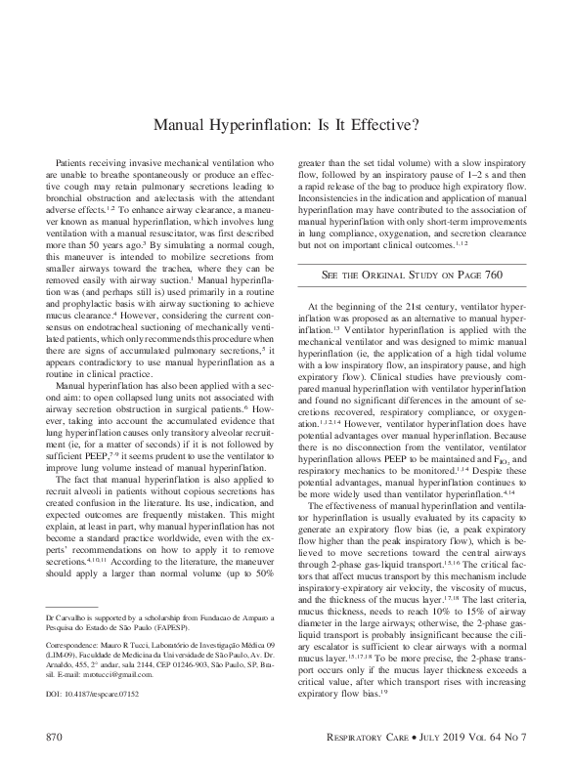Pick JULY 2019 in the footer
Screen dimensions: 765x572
pyautogui.click(x=437, y=732)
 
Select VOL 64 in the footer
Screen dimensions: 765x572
pyautogui.click(x=480, y=732)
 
